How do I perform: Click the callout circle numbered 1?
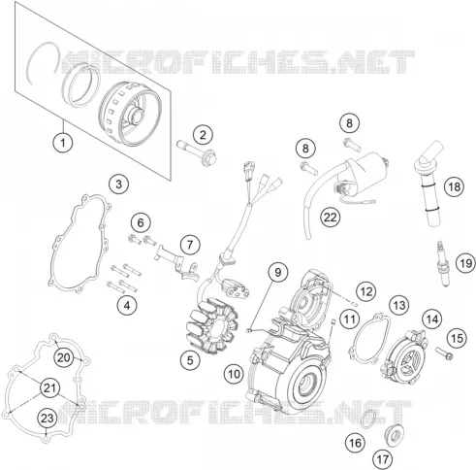[63, 142]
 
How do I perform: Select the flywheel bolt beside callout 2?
[197, 151]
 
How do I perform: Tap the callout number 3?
[119, 185]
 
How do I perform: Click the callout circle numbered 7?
[190, 245]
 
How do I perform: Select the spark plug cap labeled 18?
[428, 183]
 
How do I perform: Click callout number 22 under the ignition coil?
[331, 218]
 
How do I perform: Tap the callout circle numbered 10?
[234, 374]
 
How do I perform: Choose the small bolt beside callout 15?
[444, 353]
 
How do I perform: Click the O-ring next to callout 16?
[368, 419]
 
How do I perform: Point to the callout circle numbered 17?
[383, 459]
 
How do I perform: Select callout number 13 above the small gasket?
[399, 305]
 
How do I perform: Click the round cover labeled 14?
[405, 357]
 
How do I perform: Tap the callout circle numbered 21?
[49, 387]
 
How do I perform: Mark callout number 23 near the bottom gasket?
[48, 418]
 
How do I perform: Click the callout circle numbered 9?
[278, 273]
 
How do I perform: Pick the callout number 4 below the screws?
[127, 305]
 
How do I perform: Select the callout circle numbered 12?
[366, 291]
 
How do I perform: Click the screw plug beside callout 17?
[395, 436]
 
